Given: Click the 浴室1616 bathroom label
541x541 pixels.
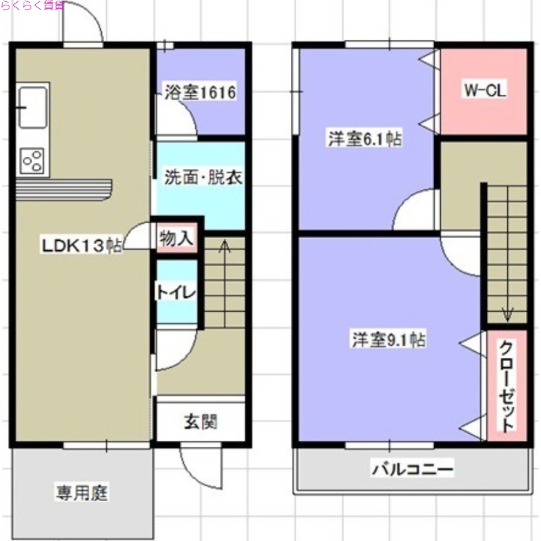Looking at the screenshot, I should [200, 93].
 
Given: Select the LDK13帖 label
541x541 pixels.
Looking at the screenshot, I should [83, 246].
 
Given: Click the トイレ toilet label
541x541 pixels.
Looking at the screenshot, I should [177, 293].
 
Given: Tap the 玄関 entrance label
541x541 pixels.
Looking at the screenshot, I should [199, 423].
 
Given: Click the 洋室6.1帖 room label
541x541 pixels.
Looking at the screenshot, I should [364, 139].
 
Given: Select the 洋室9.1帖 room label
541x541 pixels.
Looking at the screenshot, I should [387, 340].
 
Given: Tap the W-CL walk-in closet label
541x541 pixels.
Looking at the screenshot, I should [485, 91].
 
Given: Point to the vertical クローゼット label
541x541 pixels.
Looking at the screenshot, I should [506, 385].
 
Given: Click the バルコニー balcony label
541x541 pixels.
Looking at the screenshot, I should [411, 468].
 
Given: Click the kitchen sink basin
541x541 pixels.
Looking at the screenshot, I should [32, 106].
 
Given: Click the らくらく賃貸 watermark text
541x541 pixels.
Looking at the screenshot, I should [34, 5].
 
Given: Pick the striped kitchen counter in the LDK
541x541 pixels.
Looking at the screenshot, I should [64, 188].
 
